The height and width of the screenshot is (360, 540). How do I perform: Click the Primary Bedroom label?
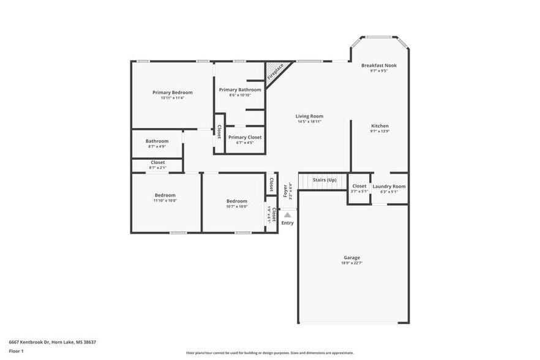(172, 92)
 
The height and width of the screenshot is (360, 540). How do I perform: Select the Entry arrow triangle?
(287, 215)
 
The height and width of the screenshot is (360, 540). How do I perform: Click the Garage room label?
(351, 258)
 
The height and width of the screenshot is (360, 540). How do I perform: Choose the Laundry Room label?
(389, 186)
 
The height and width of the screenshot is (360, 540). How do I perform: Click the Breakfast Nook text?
(378, 66)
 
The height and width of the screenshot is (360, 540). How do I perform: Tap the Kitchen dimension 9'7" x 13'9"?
(380, 131)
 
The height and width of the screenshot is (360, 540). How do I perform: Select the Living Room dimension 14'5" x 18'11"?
(309, 121)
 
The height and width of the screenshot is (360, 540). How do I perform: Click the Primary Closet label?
(245, 137)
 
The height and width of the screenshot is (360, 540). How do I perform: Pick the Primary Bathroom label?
(240, 90)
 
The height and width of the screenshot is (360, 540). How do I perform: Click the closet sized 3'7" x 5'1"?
(359, 189)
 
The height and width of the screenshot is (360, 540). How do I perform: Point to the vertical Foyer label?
(285, 190)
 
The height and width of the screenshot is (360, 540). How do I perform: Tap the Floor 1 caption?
(16, 351)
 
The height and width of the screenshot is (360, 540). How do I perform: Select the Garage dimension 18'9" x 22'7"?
(351, 263)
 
